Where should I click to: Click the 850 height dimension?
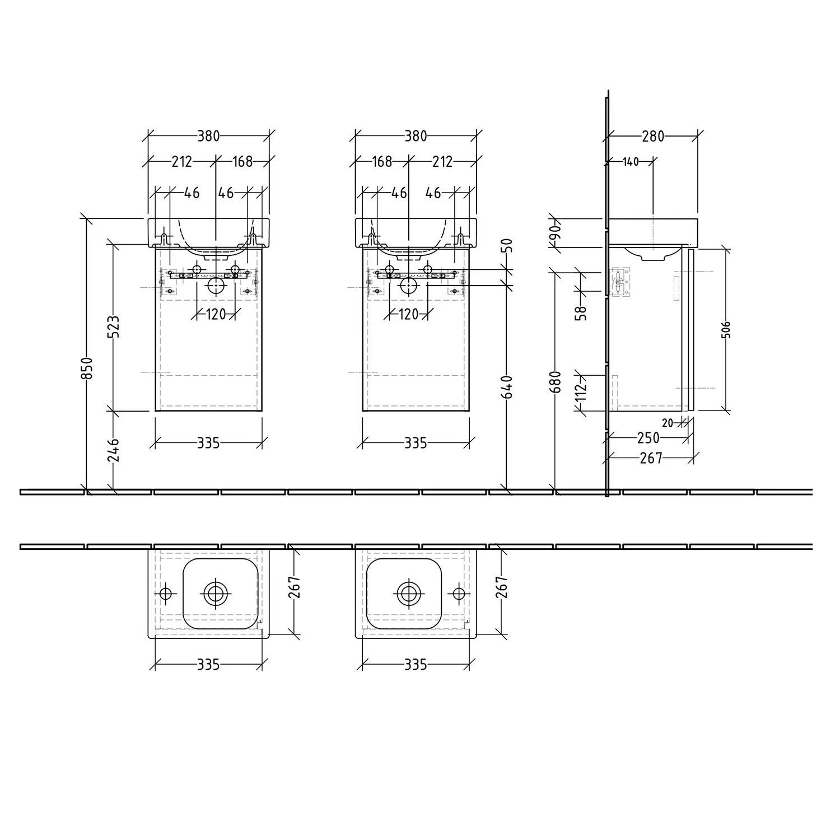click(x=87, y=368)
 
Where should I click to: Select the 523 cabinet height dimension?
click(x=114, y=327)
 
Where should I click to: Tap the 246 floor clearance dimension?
click(x=114, y=450)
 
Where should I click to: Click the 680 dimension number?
click(x=555, y=382)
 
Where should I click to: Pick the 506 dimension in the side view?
click(x=726, y=330)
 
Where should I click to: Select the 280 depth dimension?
click(x=653, y=136)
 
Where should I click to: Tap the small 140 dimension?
click(x=630, y=162)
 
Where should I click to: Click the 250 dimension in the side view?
click(x=648, y=437)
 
